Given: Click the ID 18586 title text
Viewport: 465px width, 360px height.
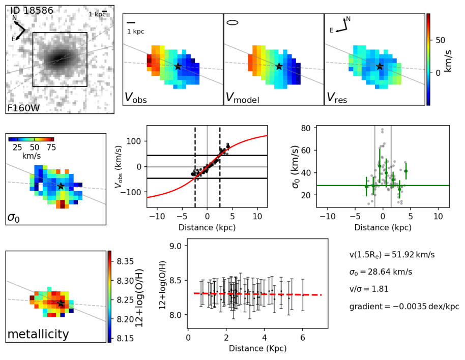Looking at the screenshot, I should [x=34, y=10].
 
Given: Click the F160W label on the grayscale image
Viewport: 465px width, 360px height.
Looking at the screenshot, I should [x=24, y=108].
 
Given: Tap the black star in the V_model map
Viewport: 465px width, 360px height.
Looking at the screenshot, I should [x=279, y=66].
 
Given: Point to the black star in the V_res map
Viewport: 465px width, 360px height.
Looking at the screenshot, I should [x=380, y=66].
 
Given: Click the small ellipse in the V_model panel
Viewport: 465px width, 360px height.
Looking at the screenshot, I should [x=232, y=22].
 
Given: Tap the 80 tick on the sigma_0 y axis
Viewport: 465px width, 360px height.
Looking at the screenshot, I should [x=307, y=128].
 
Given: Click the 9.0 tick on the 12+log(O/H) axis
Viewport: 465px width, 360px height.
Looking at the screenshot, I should [x=177, y=246].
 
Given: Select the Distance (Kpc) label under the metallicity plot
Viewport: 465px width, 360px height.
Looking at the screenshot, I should [x=257, y=349].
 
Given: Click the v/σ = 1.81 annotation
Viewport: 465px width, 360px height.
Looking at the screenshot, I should [x=369, y=289].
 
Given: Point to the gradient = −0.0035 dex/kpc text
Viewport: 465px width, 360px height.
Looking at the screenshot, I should [x=404, y=307].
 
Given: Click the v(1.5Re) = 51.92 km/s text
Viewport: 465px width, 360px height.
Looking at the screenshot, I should [x=392, y=254].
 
